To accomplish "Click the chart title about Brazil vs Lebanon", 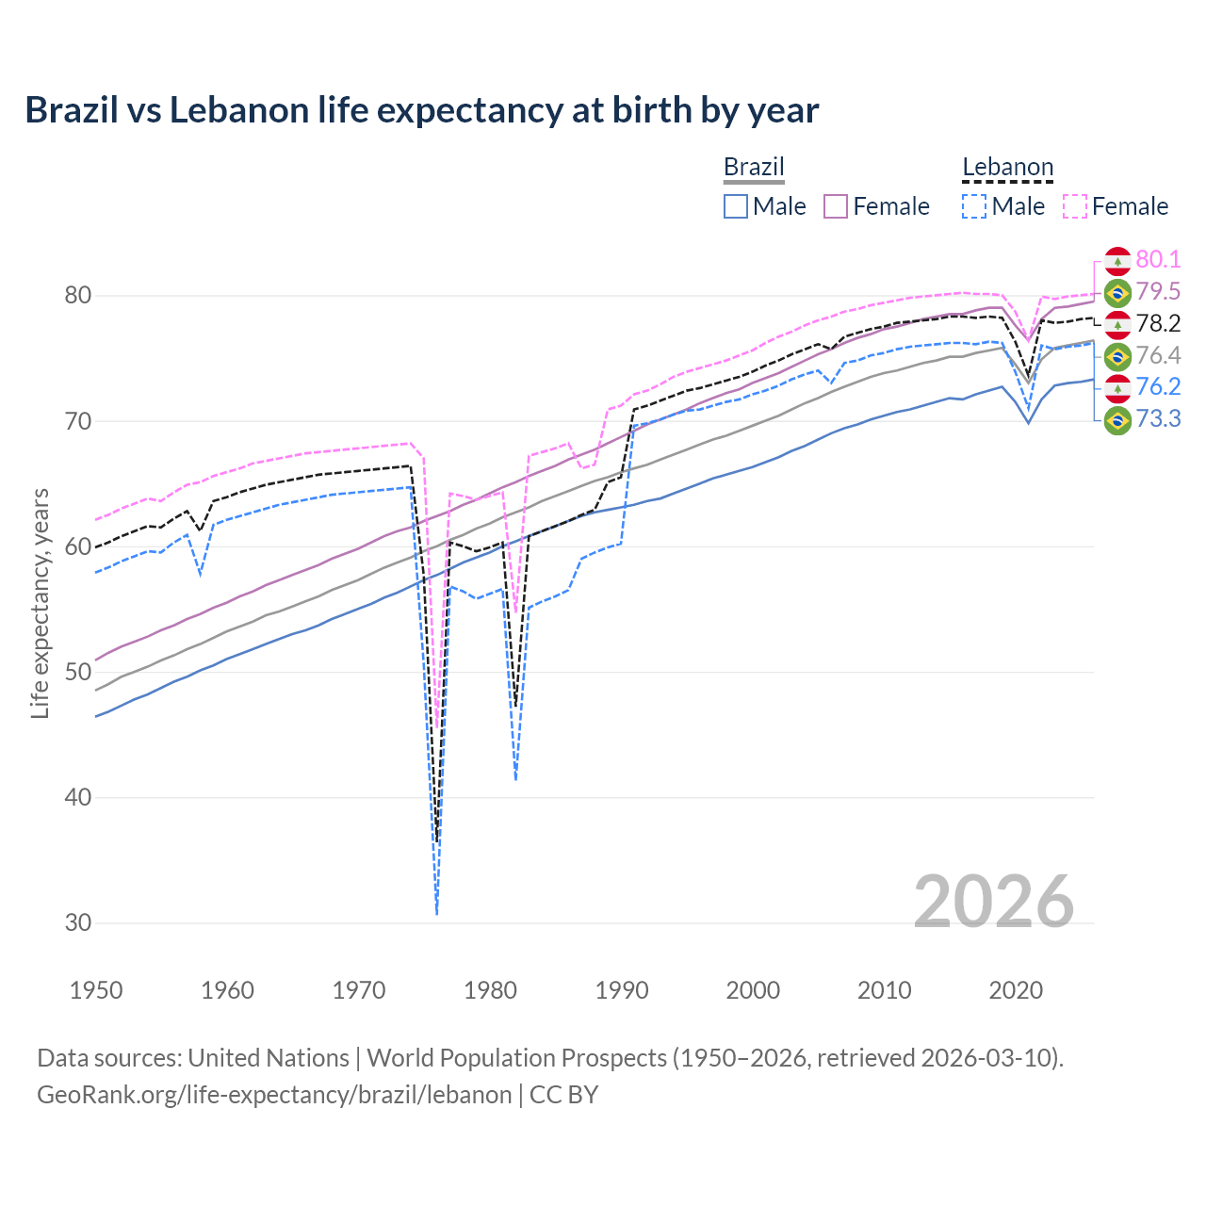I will pos(421,110).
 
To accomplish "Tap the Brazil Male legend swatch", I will pos(736,206).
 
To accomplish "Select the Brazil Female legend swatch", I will pos(836,206).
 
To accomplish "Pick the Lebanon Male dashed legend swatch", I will pos(974,206).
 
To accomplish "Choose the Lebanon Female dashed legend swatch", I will pos(1074,206).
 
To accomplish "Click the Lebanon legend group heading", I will pos(1007,168).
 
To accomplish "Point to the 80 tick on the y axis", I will pos(78,296).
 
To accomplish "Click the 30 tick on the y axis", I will pos(78,923).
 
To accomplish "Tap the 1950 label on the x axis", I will pos(96,990).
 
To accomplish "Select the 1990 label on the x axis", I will pos(622,990).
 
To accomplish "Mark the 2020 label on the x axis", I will pos(1016,990).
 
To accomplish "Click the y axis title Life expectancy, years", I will pos(40,603).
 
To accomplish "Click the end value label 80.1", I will pos(1158,260).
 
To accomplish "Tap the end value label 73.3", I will pos(1158,419).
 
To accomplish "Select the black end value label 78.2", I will pos(1158,324).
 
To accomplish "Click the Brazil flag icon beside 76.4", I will pos(1117,356).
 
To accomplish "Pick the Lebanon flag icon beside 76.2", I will pos(1117,387).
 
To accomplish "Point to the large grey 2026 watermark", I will pos(993,902).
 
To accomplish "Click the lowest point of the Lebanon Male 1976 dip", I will pos(436,914).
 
